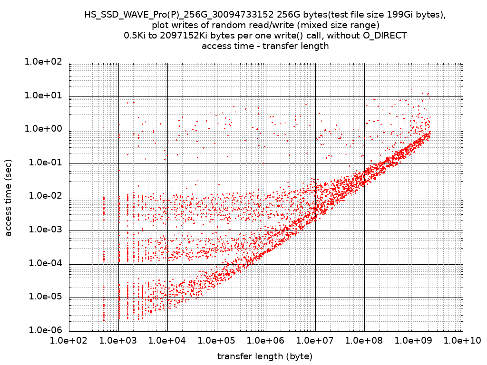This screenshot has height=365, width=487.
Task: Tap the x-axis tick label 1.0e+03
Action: click(x=118, y=341)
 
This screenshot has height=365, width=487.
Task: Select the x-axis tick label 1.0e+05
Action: click(x=216, y=341)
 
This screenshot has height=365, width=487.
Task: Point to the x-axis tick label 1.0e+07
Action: click(x=315, y=341)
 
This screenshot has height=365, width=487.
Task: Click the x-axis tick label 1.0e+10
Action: click(x=462, y=341)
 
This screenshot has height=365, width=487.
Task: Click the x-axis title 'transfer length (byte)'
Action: click(x=265, y=356)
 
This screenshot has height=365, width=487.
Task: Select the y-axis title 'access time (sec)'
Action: click(x=8, y=197)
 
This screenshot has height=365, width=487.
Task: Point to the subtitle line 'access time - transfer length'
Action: click(x=265, y=46)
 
